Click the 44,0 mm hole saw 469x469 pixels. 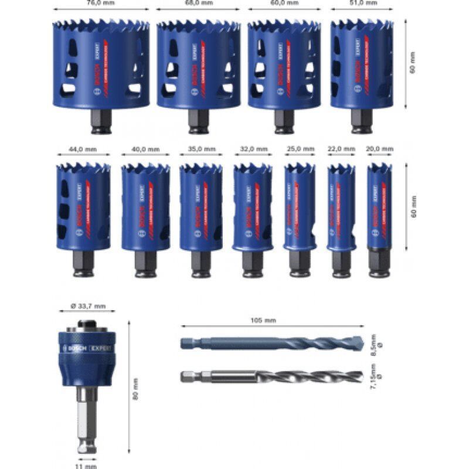(83, 205)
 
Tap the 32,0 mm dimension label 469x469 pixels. (253, 149)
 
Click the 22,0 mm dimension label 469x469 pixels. (341, 149)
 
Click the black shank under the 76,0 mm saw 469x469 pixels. (101, 120)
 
